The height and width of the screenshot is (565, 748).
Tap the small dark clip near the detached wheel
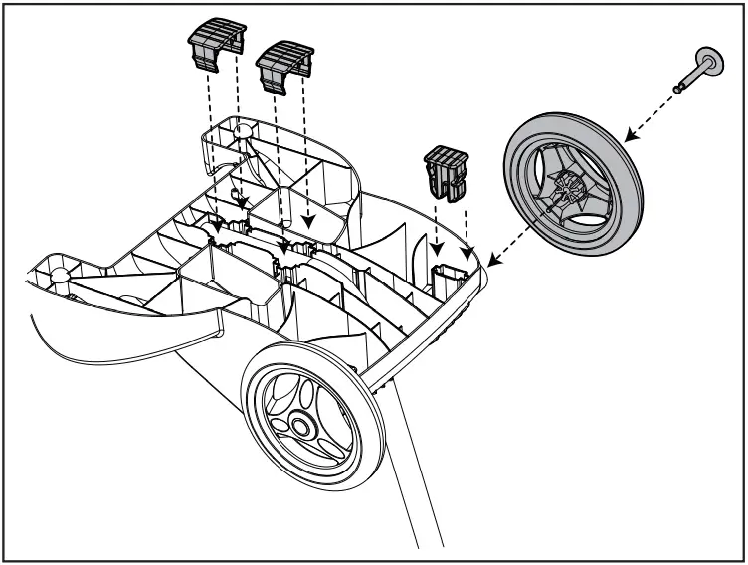pyautogui.click(x=445, y=170)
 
